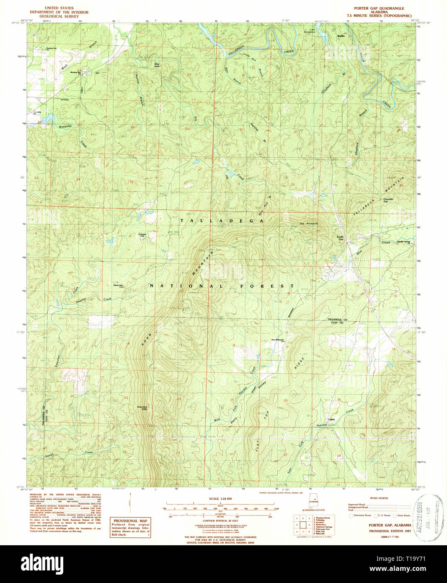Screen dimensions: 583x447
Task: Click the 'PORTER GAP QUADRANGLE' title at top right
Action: [x=379, y=8]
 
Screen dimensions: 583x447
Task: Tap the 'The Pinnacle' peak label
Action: [x=308, y=224]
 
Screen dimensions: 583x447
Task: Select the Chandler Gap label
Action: [x=388, y=200]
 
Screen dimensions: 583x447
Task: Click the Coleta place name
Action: [x=331, y=419]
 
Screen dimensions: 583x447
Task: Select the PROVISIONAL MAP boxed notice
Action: [x=130, y=527]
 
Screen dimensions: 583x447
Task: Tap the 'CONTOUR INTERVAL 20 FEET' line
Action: [x=220, y=521]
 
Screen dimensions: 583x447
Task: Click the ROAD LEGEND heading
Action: [x=378, y=498]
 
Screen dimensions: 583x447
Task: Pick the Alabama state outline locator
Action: [x=313, y=503]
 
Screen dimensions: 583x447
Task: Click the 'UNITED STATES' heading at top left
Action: [x=59, y=8]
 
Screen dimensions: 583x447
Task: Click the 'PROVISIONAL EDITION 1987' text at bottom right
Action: [x=390, y=531]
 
